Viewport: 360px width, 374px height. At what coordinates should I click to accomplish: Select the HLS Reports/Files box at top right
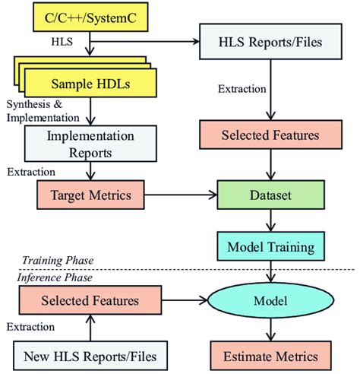(x=270, y=40)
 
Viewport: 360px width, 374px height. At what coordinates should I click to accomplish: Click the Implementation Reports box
(x=90, y=142)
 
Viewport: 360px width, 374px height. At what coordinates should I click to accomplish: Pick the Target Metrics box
(x=90, y=196)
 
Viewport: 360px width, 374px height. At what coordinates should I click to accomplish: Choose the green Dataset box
(x=270, y=196)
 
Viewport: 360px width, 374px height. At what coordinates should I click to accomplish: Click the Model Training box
(x=270, y=247)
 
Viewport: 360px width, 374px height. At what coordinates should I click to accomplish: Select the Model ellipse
(x=270, y=300)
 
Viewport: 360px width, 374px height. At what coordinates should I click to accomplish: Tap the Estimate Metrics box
(x=270, y=355)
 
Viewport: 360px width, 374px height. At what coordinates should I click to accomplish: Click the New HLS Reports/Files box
(x=90, y=355)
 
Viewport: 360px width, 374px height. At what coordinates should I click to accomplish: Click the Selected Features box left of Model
(x=90, y=300)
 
